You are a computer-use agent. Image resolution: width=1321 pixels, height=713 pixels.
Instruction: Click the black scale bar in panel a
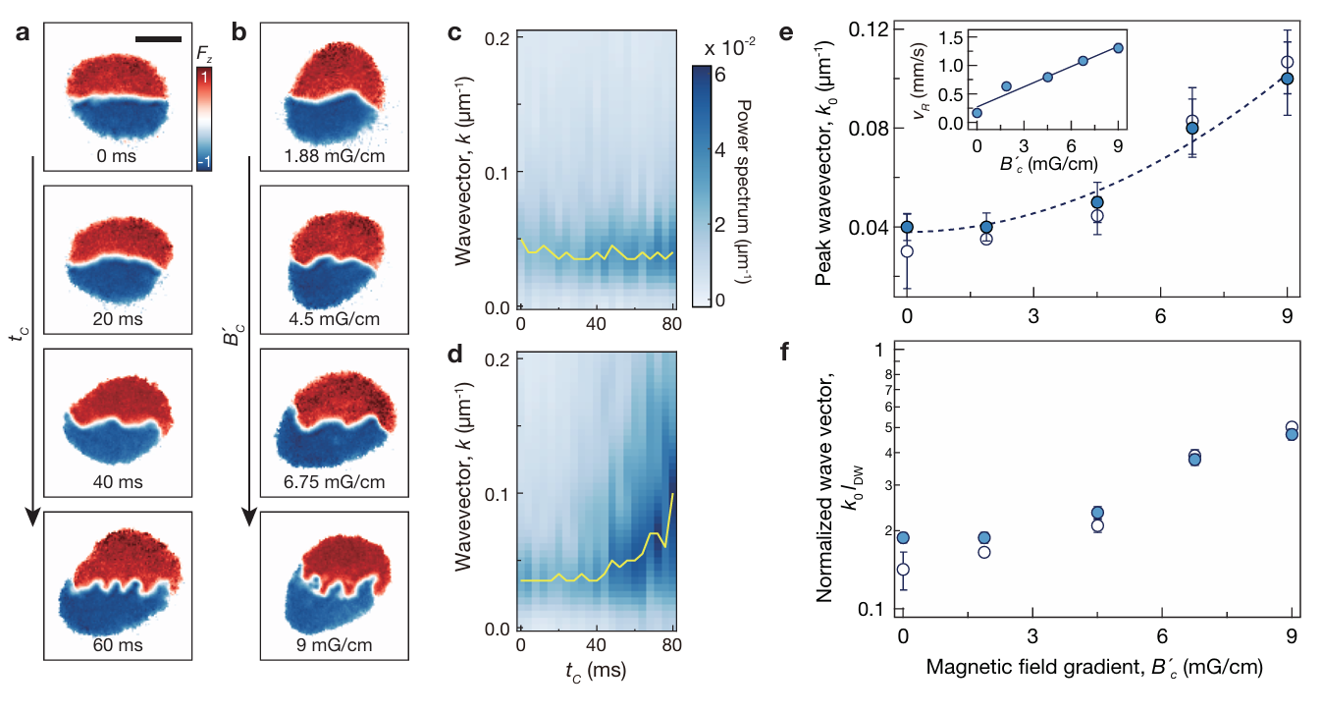(158, 38)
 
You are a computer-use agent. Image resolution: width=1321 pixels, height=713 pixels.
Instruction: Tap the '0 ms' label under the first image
(115, 155)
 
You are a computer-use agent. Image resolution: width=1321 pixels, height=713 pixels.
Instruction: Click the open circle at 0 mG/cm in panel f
(903, 570)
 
